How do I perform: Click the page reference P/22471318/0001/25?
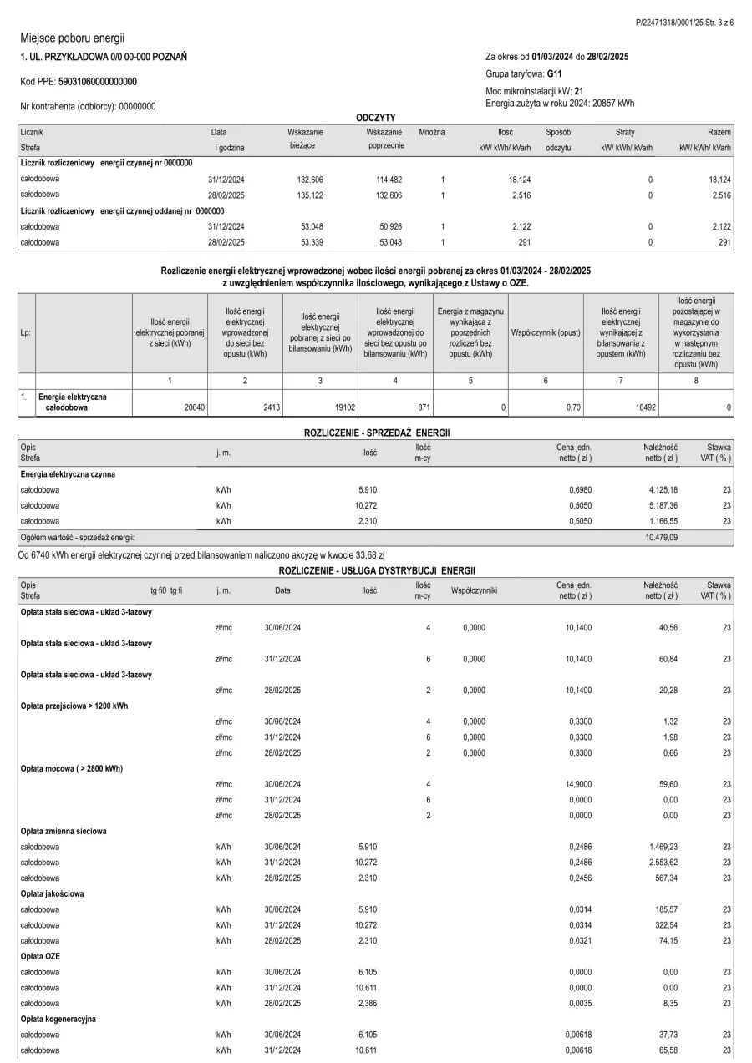tap(664, 23)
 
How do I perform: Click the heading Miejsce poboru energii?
tap(72, 38)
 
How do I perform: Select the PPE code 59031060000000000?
tap(98, 82)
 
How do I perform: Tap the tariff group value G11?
tap(543, 73)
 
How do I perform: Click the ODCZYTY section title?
tap(375, 117)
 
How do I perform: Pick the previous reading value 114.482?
tap(385, 180)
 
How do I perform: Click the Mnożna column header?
tap(432, 132)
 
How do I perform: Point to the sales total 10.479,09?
tap(661, 538)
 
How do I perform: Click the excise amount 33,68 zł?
tap(369, 554)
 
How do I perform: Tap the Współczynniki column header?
tap(474, 590)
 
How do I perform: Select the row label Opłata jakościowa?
tap(53, 893)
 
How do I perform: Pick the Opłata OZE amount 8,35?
tap(667, 1003)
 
